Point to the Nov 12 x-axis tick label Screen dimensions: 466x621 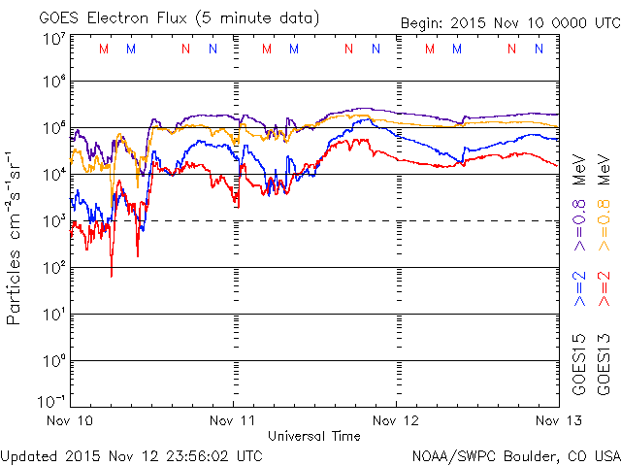pyautogui.click(x=396, y=420)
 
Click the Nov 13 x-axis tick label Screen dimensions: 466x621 pyautogui.click(x=555, y=420)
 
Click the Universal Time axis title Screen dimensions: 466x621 pyautogui.click(x=313, y=436)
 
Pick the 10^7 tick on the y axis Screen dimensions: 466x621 pyautogui.click(x=53, y=39)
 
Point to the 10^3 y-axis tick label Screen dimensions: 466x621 pyautogui.click(x=53, y=220)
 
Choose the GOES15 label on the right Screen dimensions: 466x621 pyautogui.click(x=579, y=364)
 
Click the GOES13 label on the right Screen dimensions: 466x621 pyautogui.click(x=605, y=364)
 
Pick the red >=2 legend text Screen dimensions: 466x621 pyautogui.click(x=605, y=289)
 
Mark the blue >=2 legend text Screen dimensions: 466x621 pyautogui.click(x=579, y=289)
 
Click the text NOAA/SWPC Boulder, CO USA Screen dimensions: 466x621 pyautogui.click(x=515, y=454)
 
